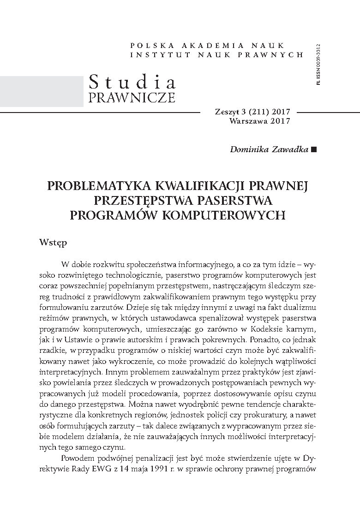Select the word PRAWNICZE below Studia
point(132,97)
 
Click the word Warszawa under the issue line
point(248,121)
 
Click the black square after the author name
point(314,149)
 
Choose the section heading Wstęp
point(53,242)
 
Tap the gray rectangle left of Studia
point(42,90)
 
